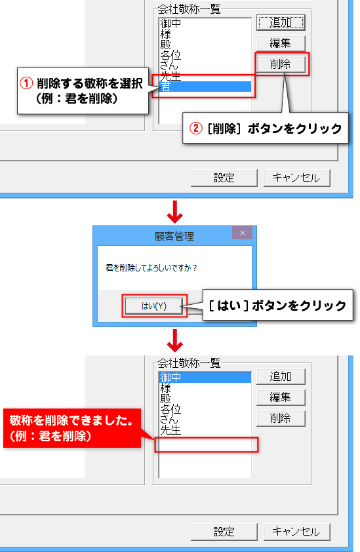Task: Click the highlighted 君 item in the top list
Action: [x=205, y=87]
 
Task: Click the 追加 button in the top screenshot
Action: [x=281, y=23]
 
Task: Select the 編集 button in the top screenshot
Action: [x=281, y=43]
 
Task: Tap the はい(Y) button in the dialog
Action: [x=154, y=306]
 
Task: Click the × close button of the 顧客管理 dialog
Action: [x=243, y=233]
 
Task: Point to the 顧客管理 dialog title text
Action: [x=174, y=236]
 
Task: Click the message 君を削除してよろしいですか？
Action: [x=151, y=268]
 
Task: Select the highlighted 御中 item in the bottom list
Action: [x=205, y=378]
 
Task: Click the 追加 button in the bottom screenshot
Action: [x=281, y=377]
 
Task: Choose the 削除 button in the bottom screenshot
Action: [x=281, y=418]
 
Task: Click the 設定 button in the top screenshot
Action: [x=224, y=178]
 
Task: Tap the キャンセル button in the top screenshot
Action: [x=296, y=178]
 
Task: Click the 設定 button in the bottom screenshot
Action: [x=224, y=532]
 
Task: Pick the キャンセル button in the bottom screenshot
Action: [x=296, y=532]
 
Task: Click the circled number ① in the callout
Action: [x=26, y=83]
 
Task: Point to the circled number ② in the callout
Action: [x=196, y=128]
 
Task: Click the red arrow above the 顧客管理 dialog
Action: [x=174, y=212]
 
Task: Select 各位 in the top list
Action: [x=170, y=55]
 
